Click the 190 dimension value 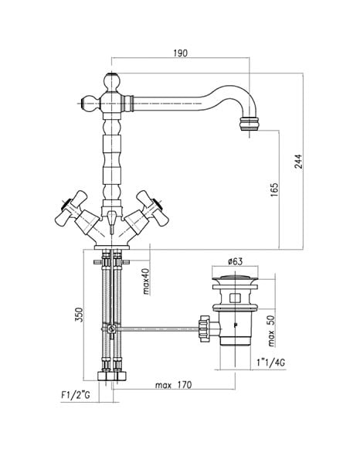[x=180, y=53]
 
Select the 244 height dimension [x=298, y=161]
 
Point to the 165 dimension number [x=274, y=190]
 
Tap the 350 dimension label [x=79, y=315]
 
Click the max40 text [x=146, y=281]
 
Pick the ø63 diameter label [x=235, y=261]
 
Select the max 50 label [x=271, y=331]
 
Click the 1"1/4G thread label [x=270, y=363]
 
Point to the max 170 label [x=174, y=384]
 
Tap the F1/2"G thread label [x=76, y=395]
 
